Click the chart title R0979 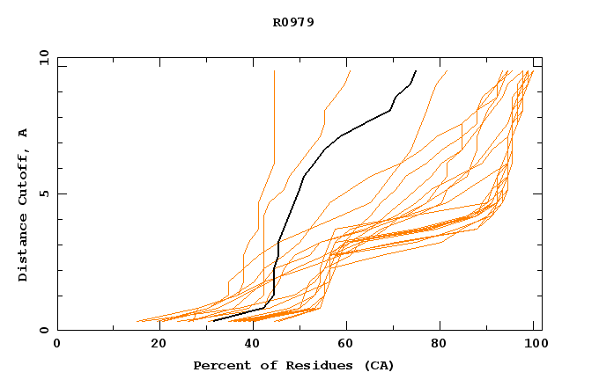[x=293, y=23]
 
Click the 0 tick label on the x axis [x=57, y=344]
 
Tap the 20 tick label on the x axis [x=159, y=344]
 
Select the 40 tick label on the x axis [x=254, y=344]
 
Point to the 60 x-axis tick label [x=349, y=344]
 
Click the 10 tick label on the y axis [x=42, y=59]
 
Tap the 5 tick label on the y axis [x=42, y=193]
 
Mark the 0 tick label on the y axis [x=42, y=330]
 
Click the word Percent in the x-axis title [x=218, y=365]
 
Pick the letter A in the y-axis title [x=23, y=133]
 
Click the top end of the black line [x=416, y=71]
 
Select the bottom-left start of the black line [x=214, y=321]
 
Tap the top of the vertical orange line [x=274, y=71]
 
